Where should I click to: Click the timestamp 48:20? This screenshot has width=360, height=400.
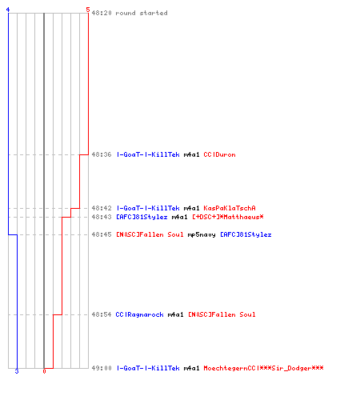coord(102,13)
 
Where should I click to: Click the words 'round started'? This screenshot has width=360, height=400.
coord(142,13)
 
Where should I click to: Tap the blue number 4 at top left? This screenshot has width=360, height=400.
coord(8,10)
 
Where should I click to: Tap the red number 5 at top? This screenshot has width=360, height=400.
coord(88,10)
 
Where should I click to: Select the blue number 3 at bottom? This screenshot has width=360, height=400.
coord(17,371)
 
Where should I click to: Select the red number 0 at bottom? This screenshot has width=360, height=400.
coord(44,371)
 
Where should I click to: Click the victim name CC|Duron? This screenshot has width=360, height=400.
coord(219,154)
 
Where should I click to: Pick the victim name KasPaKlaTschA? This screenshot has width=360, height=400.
coord(230,208)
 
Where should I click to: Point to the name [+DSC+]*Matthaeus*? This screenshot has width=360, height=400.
coord(228,217)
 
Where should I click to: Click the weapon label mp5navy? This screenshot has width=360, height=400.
coord(202,234)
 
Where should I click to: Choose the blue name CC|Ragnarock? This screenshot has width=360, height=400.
coord(139,314)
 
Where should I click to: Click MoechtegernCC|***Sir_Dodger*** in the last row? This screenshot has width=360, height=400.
coord(263,368)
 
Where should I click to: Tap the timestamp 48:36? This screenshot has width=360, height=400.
coord(102,154)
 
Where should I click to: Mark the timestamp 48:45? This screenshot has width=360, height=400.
coord(102,234)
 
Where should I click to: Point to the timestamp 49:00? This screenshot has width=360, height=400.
coord(102,368)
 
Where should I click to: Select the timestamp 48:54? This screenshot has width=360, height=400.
coord(102,314)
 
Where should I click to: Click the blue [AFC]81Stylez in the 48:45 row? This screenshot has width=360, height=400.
coord(246,234)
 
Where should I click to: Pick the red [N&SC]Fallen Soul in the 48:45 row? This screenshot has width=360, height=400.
coord(150,234)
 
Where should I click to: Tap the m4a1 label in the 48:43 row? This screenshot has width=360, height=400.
coord(179,217)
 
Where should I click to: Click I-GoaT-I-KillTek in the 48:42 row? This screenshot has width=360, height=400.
coord(148,208)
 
